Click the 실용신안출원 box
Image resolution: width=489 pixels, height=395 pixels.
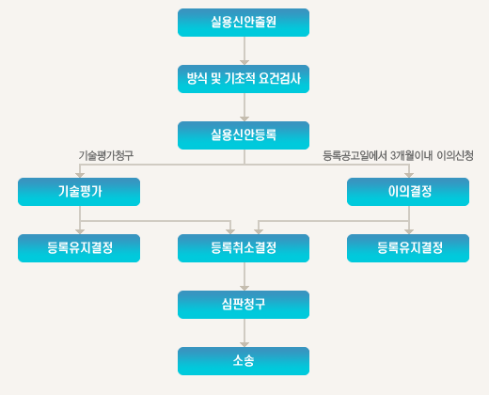click(244, 23)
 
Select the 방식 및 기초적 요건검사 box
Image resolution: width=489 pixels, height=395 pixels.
click(244, 79)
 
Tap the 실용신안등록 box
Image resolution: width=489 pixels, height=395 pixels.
click(244, 135)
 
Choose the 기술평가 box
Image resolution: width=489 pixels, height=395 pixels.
click(79, 192)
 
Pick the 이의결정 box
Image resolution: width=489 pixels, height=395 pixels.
click(408, 192)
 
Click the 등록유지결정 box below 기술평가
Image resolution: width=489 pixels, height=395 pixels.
click(79, 248)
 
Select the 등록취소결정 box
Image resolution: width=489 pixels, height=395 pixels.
click(244, 248)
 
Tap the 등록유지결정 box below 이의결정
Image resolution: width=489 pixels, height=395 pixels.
click(408, 248)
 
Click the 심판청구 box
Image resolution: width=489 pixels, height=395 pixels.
click(244, 305)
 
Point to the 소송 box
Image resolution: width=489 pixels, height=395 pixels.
click(244, 361)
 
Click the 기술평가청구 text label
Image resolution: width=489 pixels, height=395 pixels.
click(106, 155)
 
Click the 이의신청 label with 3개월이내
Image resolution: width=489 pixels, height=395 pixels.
click(398, 155)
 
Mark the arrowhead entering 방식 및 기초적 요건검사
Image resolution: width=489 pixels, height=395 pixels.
click(244, 62)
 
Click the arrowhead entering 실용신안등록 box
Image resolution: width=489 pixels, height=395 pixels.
click(244, 118)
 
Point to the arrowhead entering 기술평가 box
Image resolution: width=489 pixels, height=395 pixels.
click(80, 175)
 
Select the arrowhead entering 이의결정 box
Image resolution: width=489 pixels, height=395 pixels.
click(409, 175)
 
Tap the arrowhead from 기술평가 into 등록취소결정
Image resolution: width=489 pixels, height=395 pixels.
click(230, 231)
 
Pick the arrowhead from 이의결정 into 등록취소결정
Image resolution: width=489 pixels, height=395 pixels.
click(259, 231)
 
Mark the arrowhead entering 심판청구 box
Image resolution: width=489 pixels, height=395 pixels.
click(244, 288)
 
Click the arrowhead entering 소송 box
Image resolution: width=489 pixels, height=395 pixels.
click(244, 344)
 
